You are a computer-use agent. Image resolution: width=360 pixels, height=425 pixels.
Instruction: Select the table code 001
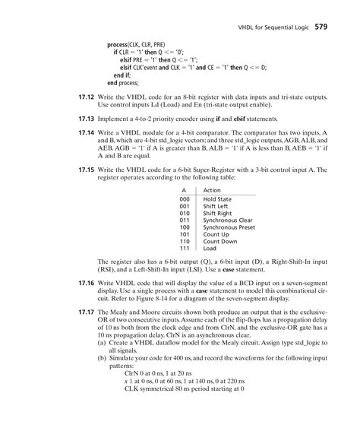[184, 206]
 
